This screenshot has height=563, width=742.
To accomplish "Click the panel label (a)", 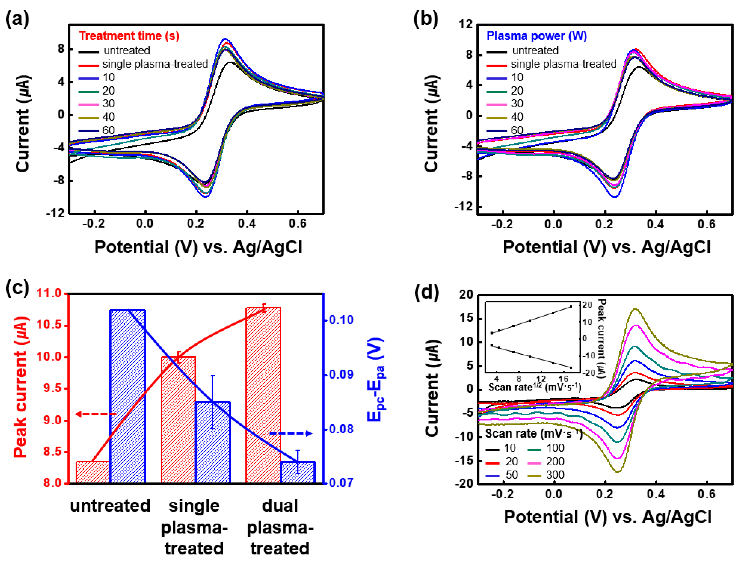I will click(17, 19).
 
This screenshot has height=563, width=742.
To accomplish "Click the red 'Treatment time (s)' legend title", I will click(129, 36).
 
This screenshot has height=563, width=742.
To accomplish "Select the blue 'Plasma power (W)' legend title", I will click(536, 36).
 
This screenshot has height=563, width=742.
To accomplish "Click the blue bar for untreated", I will click(127, 396).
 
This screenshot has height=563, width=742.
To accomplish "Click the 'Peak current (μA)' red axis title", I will click(21, 387).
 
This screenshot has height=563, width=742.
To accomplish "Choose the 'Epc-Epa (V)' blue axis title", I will click(375, 379).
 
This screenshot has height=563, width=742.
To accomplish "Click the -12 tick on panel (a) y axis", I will click(55, 213).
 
